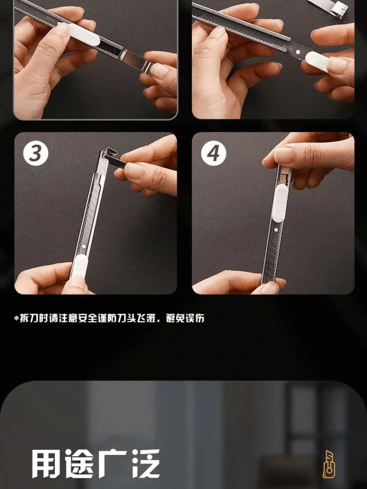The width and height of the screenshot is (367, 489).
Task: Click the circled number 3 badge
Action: [36, 153]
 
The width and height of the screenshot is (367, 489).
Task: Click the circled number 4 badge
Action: [213, 153]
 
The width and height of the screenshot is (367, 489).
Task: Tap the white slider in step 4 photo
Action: [279, 203]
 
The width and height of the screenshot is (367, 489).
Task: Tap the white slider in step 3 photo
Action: [79, 266]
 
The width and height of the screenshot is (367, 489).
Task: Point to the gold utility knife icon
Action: [328, 464]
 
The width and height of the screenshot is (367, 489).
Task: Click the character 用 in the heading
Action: [46, 464]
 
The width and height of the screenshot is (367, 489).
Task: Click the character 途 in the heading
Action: [79, 464]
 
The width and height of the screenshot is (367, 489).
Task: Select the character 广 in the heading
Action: [112, 464]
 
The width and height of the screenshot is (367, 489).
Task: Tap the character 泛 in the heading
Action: [145, 464]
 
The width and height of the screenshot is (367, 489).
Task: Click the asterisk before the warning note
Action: [17, 318]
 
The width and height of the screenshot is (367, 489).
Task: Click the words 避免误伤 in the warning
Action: [185, 318]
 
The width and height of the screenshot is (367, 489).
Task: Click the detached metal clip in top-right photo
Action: [332, 7]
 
